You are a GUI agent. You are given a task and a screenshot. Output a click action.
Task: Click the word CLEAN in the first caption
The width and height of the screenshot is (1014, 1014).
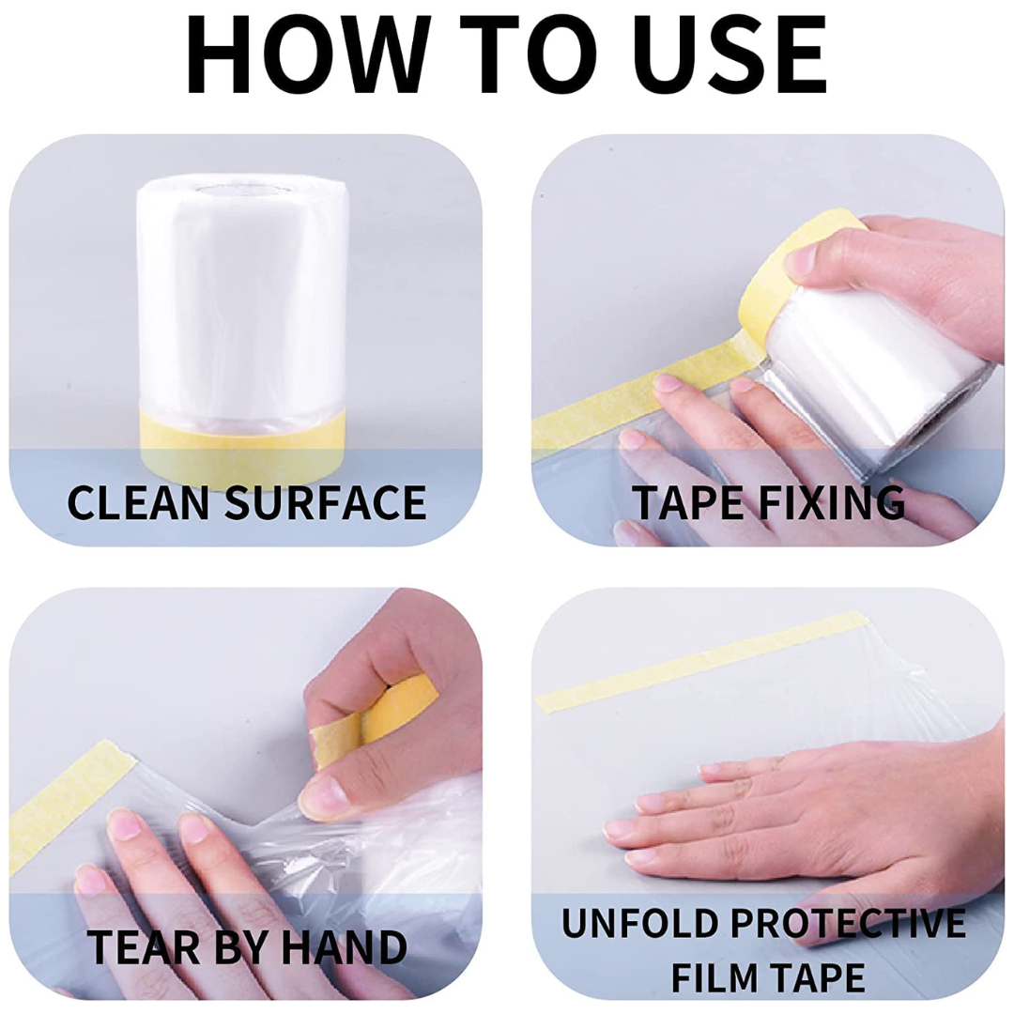pyautogui.click(x=138, y=501)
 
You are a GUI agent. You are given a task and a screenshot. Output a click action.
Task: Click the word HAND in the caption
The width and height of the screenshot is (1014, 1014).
pyautogui.click(x=344, y=947)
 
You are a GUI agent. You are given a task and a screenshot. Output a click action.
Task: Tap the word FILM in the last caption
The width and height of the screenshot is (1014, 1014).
pyautogui.click(x=714, y=977)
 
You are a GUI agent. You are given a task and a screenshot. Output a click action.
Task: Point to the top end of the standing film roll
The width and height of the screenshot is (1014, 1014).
pyautogui.click(x=243, y=189)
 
